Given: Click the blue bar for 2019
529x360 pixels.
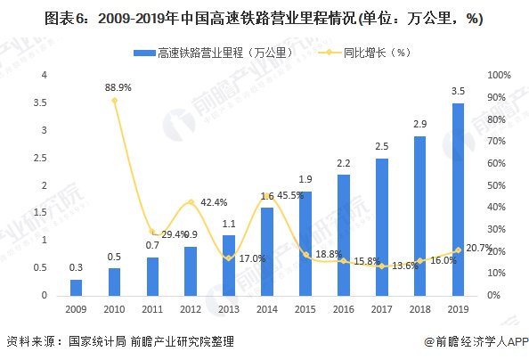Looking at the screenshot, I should [458, 200].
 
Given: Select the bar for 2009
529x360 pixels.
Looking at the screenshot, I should [76, 287].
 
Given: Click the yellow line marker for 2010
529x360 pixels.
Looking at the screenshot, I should [115, 101].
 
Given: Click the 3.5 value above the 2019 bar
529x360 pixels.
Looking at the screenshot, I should [458, 92].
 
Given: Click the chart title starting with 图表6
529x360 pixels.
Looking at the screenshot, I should [264, 18].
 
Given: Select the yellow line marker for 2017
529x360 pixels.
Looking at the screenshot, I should [381, 266].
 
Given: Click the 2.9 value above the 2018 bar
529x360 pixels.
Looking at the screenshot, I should [419, 125].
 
